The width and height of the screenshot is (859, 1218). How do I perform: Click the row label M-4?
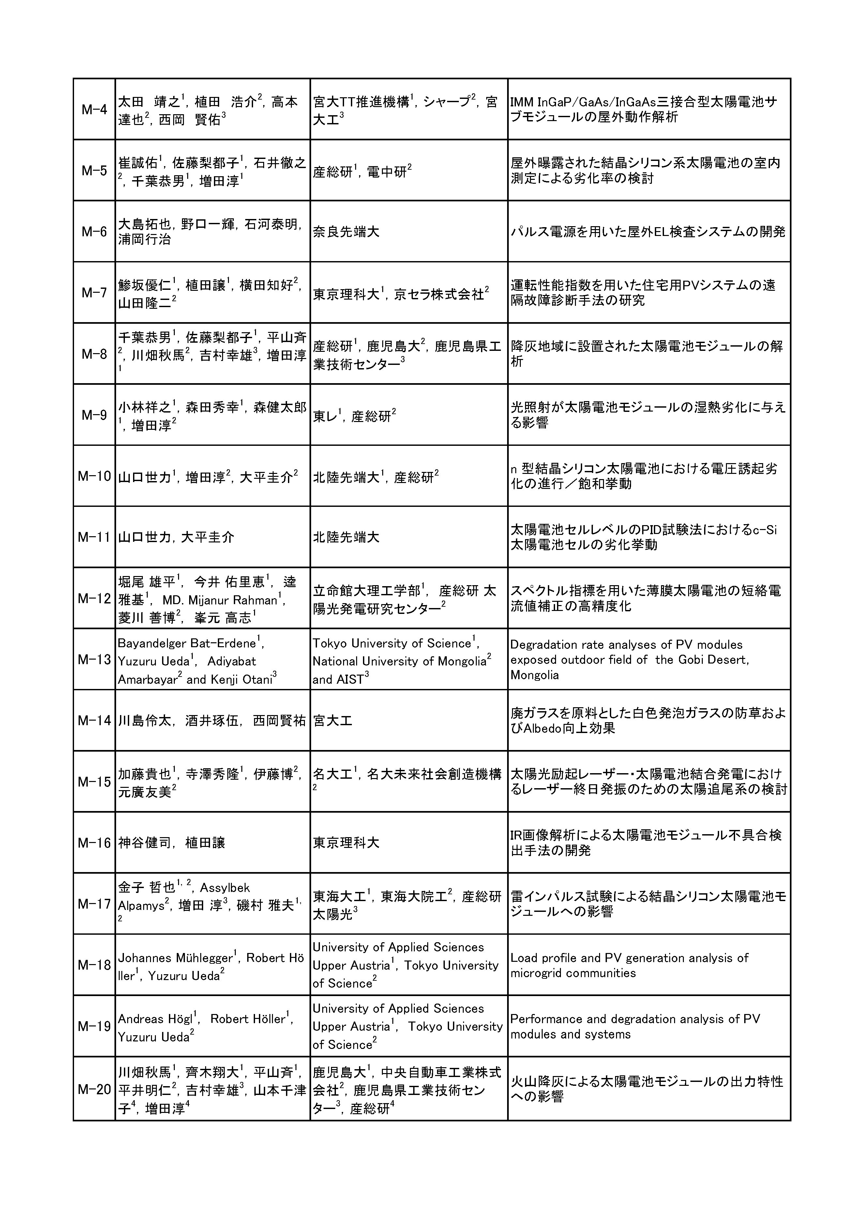94,110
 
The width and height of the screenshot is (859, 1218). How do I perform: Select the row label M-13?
94,659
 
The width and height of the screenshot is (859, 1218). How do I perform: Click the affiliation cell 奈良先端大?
346,232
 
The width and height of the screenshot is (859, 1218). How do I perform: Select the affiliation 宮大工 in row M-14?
332,720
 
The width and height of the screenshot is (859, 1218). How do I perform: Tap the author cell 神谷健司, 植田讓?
171,842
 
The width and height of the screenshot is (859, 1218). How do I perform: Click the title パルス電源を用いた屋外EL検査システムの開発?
647,232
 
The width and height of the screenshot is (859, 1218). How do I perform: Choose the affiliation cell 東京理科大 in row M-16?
346,842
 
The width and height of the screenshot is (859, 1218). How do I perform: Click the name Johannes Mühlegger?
175,958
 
